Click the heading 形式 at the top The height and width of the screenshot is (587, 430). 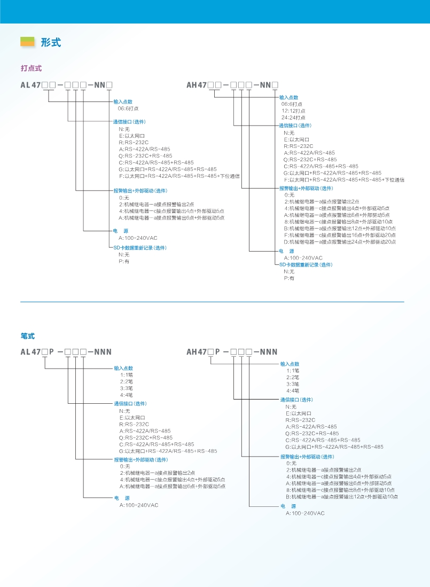[x=51, y=42]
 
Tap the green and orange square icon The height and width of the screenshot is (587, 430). [x=27, y=42]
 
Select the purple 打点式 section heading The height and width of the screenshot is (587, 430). [x=31, y=68]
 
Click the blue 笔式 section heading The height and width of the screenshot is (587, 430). [x=28, y=336]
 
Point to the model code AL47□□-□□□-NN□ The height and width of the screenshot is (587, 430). [x=66, y=85]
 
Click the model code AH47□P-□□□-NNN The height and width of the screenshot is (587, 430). [x=232, y=352]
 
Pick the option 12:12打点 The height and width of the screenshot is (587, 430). [x=293, y=111]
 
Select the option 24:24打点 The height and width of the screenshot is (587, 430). [x=293, y=118]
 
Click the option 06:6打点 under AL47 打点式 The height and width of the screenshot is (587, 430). [x=128, y=108]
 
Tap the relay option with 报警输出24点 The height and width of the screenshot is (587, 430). [x=340, y=242]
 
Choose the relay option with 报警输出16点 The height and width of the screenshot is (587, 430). [x=340, y=235]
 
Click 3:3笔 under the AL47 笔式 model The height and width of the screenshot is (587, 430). [x=126, y=388]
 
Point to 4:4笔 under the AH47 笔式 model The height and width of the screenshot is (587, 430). [x=293, y=391]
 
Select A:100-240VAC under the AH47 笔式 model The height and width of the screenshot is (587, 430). [x=305, y=513]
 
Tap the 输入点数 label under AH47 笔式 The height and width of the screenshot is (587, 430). [x=290, y=364]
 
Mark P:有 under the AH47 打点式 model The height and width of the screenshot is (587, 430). [x=289, y=278]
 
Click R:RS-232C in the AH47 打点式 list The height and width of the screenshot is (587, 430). [x=298, y=146]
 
